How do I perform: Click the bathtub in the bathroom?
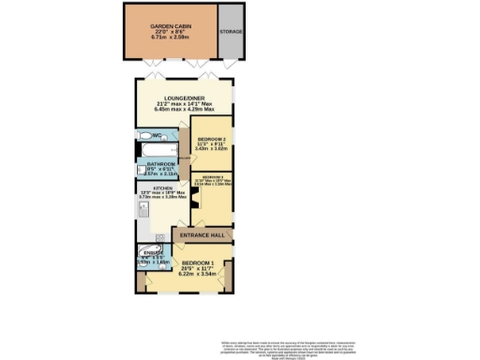click(150, 150)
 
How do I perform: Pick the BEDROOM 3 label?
click(213, 177)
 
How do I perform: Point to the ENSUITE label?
click(150, 251)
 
